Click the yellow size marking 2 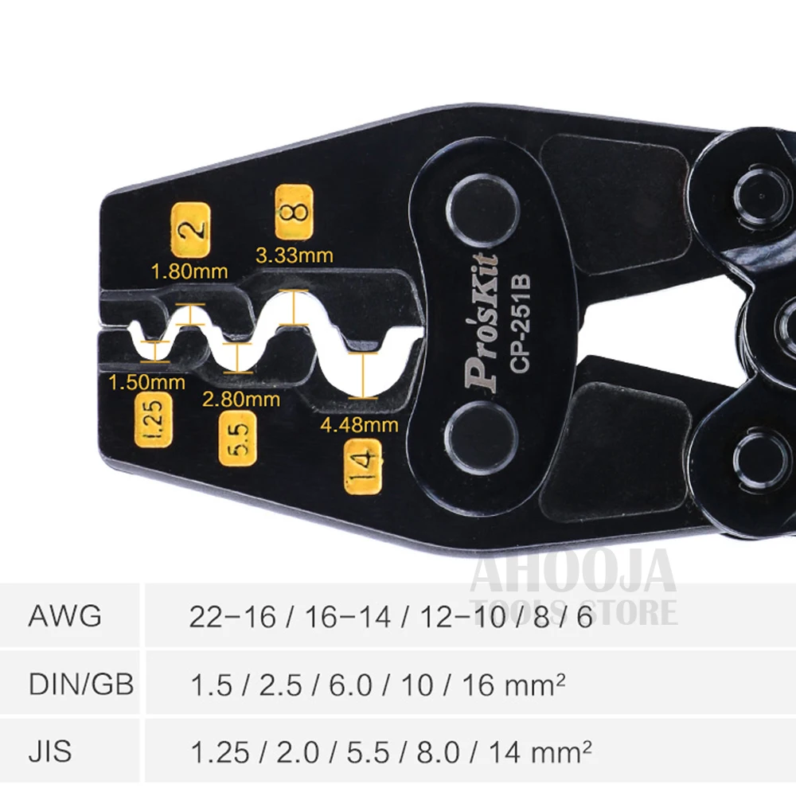tap(190, 230)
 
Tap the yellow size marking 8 tap(294, 213)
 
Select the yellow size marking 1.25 tap(154, 420)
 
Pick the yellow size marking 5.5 tap(237, 439)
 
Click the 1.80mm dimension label tap(189, 271)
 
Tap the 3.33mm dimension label tap(295, 256)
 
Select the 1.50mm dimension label tap(146, 382)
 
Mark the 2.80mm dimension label tap(241, 400)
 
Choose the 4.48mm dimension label tap(360, 425)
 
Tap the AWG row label tap(65, 616)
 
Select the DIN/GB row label tap(81, 684)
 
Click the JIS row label tap(49, 752)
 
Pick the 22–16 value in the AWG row tap(232, 618)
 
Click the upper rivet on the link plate tap(483, 211)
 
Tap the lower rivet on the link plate tap(481, 438)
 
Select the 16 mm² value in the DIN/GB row tap(513, 685)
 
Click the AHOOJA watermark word tap(573, 571)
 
